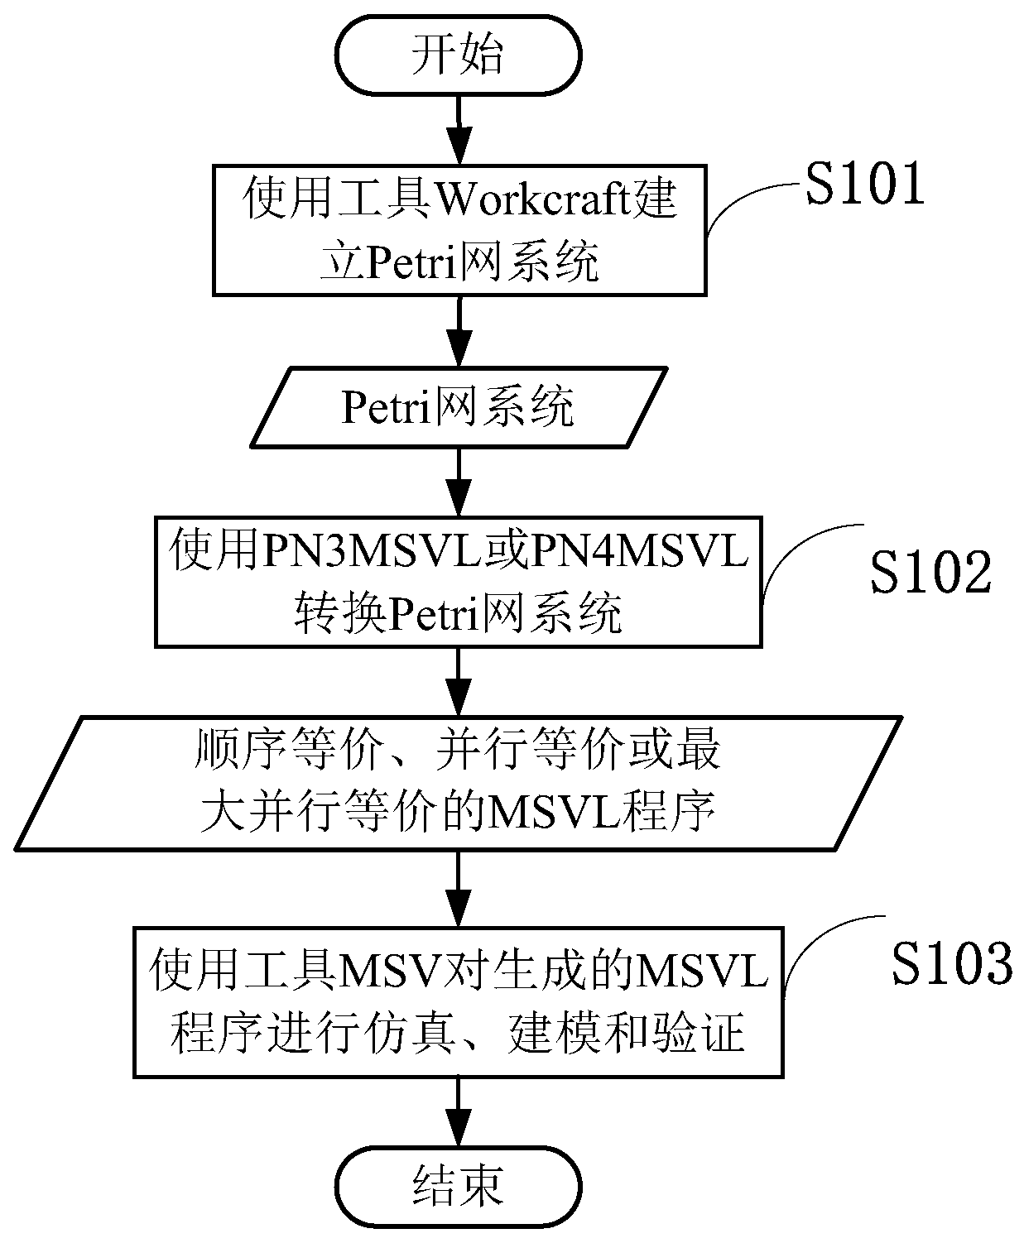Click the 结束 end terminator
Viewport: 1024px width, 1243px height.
459,1187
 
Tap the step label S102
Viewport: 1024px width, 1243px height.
930,572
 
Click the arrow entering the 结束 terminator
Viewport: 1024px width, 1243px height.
459,1113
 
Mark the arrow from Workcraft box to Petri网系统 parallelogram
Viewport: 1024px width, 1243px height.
459,331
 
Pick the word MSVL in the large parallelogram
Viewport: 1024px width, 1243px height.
555,814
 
